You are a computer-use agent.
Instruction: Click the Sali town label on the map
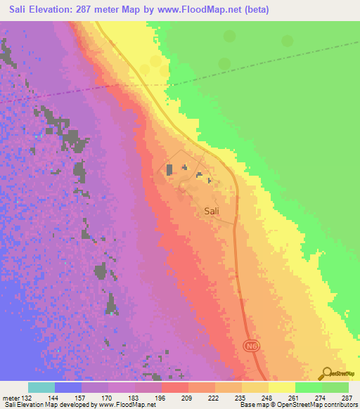click(x=214, y=210)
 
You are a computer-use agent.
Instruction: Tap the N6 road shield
click(x=251, y=346)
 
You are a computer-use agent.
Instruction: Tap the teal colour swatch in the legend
click(x=41, y=387)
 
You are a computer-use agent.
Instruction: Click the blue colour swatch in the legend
click(x=68, y=387)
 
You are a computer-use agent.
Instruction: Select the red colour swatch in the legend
click(x=175, y=387)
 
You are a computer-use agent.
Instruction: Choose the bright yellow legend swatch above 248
click(x=281, y=387)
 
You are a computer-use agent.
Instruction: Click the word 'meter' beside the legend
click(x=12, y=398)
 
